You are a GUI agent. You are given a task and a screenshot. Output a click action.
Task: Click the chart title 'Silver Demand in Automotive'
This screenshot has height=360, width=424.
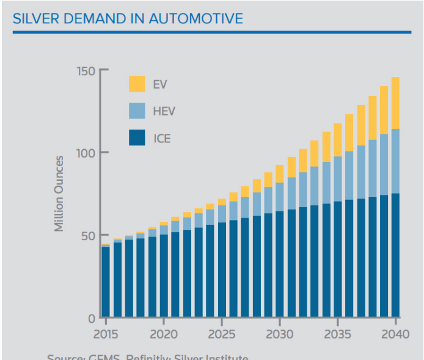pyautogui.click(x=128, y=18)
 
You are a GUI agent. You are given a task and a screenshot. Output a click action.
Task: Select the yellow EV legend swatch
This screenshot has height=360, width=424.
pyautogui.click(x=137, y=84)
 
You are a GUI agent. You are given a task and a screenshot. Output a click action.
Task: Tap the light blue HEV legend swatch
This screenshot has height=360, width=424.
pyautogui.click(x=137, y=111)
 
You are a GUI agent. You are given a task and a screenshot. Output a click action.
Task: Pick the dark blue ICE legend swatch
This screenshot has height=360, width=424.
pyautogui.click(x=137, y=138)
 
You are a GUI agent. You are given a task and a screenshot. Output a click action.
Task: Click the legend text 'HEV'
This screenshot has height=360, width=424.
pyautogui.click(x=164, y=111)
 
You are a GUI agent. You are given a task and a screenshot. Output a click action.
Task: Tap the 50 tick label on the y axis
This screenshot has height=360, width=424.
pyautogui.click(x=87, y=235)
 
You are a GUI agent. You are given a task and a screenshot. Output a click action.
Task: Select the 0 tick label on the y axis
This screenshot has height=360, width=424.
pyautogui.click(x=90, y=318)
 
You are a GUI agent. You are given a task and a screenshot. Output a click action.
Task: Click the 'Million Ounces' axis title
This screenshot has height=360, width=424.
pyautogui.click(x=59, y=194)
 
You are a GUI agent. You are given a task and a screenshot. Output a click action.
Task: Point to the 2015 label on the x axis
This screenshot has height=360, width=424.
pyautogui.click(x=106, y=335)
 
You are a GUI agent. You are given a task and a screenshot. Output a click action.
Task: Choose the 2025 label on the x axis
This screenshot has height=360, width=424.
pyautogui.click(x=221, y=335)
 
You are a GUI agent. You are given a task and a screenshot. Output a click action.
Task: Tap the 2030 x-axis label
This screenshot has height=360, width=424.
pyautogui.click(x=279, y=335)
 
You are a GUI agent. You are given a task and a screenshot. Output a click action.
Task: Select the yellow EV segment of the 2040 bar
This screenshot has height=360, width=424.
pyautogui.click(x=396, y=103)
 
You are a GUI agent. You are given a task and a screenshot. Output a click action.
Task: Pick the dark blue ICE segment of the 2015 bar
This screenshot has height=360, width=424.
pyautogui.click(x=106, y=281)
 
